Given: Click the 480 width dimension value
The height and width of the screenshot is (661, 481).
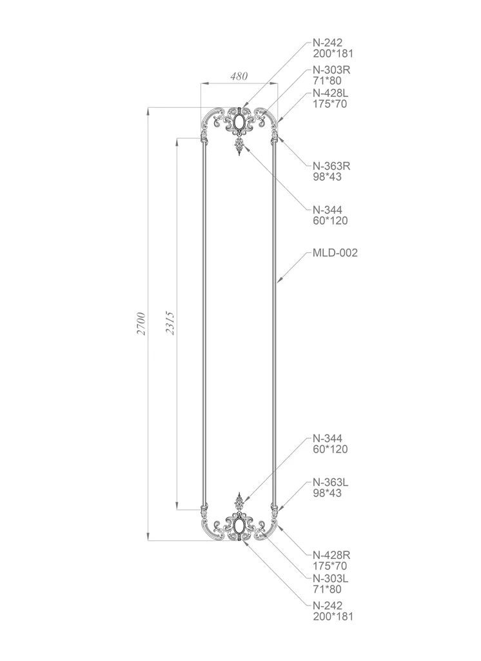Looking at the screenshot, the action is tap(239, 76).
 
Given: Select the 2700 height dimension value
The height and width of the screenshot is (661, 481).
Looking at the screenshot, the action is tap(141, 324).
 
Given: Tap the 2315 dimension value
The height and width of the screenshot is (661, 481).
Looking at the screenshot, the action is tap(170, 323).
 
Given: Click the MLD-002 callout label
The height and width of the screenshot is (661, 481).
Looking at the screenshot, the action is tap(335, 253).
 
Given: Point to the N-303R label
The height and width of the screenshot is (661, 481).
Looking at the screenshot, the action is tap(331, 70).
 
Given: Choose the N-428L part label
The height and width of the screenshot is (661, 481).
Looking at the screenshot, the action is tap(331, 93).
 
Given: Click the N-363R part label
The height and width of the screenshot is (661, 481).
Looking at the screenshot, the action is tap(331, 166).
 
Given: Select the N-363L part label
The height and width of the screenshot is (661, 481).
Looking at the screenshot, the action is tap(331, 482).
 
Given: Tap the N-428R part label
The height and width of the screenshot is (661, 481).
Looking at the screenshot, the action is tap(331, 555).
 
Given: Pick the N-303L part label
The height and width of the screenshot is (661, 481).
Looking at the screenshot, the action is tap(331, 578).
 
